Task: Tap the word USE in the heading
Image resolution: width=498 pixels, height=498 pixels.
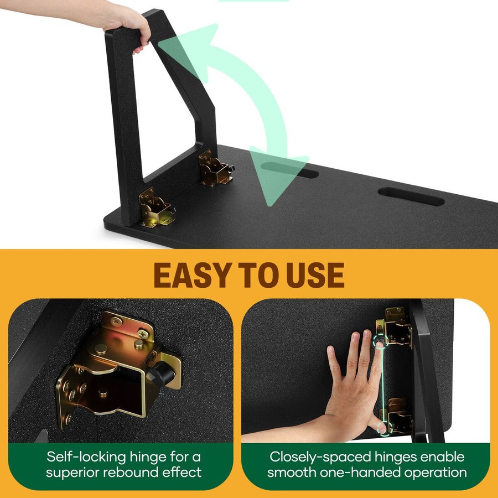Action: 315,275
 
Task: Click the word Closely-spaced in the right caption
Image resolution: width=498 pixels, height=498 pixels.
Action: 320,458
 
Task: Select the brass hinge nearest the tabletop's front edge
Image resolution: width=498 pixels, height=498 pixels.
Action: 156,207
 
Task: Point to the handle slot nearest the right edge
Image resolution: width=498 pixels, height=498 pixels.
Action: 411,196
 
